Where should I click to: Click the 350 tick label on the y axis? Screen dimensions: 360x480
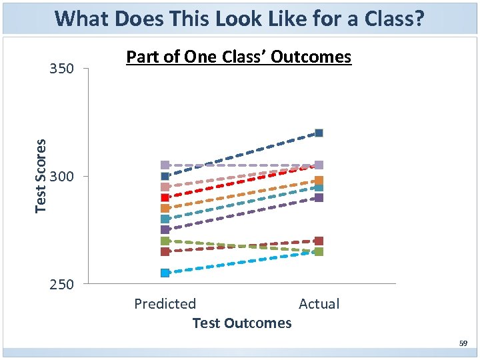61,69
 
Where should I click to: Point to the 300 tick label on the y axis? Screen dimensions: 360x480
61,177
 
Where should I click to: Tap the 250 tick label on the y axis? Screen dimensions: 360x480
61,285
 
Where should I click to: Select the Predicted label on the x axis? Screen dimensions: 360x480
165,304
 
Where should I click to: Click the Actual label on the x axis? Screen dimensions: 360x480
319,304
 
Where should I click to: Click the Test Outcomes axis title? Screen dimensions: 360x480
241,323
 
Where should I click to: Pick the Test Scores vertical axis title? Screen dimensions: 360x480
41,176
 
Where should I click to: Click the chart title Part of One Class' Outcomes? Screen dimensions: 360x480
239,57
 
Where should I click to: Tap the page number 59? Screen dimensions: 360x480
463,344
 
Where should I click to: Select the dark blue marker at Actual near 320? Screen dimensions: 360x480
319,133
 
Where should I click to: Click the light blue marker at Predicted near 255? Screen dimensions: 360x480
165,273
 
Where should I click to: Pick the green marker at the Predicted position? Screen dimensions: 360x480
165,241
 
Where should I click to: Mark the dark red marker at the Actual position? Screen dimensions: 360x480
319,241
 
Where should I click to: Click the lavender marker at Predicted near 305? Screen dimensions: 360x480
165,165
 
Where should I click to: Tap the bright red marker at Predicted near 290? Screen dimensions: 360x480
165,197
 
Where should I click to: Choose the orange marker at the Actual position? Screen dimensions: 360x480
319,181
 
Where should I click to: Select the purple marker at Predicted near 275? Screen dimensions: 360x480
165,229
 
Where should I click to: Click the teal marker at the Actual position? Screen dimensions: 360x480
319,188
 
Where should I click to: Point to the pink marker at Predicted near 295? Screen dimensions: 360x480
165,187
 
